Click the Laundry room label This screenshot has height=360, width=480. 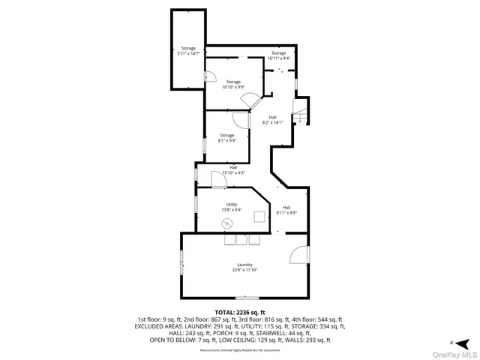(244, 264)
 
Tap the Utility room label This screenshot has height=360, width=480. (232, 204)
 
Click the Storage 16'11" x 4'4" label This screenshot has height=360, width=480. (278, 52)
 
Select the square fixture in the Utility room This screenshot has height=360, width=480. (259, 217)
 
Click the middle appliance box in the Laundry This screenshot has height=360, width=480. (241, 240)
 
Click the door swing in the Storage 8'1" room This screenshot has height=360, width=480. (239, 120)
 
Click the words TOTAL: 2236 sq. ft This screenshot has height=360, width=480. (240, 312)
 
